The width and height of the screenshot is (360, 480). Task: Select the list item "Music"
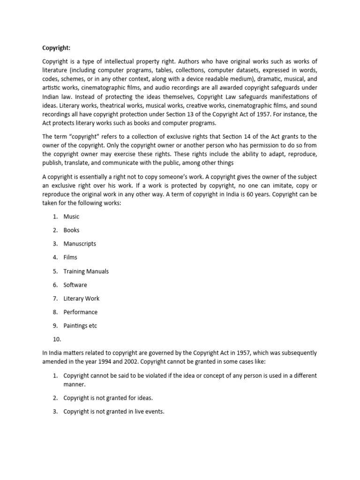tap(71, 217)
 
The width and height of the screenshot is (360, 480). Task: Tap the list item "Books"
tap(71, 230)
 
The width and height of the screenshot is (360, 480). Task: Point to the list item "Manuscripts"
tap(80, 244)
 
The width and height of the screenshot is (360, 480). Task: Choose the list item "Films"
tap(70, 257)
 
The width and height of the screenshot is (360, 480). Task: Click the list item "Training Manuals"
tap(86, 271)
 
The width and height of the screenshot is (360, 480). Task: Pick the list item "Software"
tap(75, 285)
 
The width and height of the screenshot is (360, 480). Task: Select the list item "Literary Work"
tap(82, 299)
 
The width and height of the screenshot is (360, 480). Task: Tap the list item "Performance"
tap(81, 312)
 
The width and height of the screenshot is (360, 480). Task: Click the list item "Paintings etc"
tap(80, 326)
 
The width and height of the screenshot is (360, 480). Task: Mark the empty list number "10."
tap(57, 339)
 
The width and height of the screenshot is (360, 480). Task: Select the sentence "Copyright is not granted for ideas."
tap(108, 398)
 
